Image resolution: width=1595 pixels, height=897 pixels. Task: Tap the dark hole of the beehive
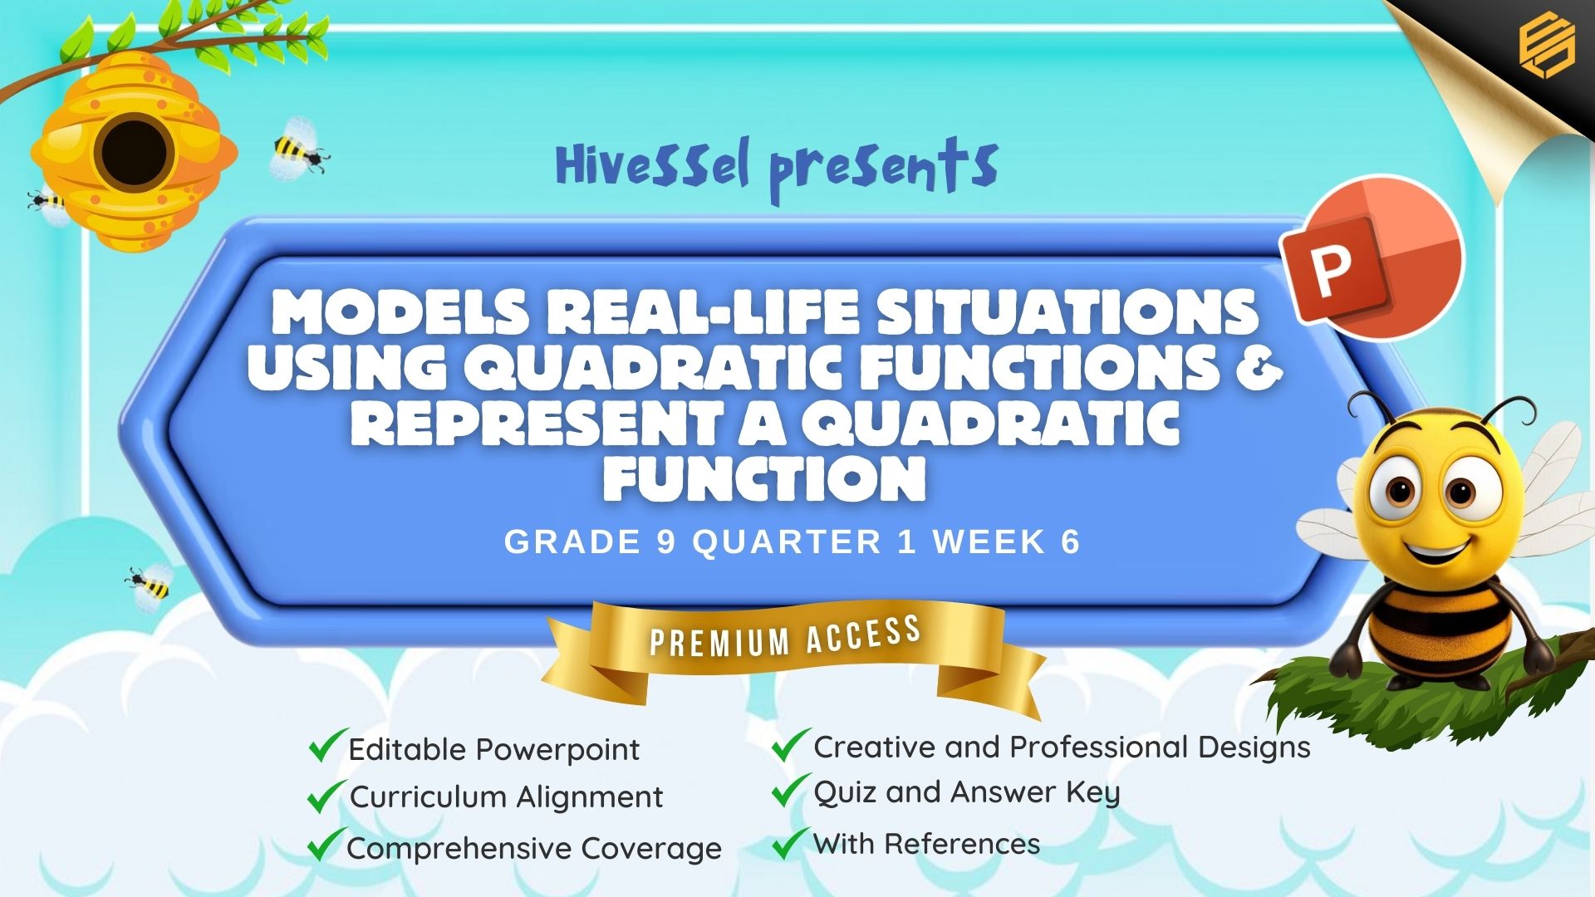(134, 154)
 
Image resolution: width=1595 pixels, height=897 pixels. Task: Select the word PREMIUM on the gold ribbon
(719, 641)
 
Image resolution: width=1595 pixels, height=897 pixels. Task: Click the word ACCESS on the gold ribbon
(863, 635)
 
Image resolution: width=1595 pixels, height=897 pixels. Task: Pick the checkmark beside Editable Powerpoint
(327, 745)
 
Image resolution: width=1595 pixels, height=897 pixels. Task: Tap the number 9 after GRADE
(666, 542)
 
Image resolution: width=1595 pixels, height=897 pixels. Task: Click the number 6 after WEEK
(1070, 542)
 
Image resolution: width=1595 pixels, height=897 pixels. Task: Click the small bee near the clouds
(150, 584)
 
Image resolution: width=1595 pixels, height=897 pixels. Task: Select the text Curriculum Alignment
(506, 797)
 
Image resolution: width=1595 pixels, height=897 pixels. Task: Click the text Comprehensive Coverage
(534, 849)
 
